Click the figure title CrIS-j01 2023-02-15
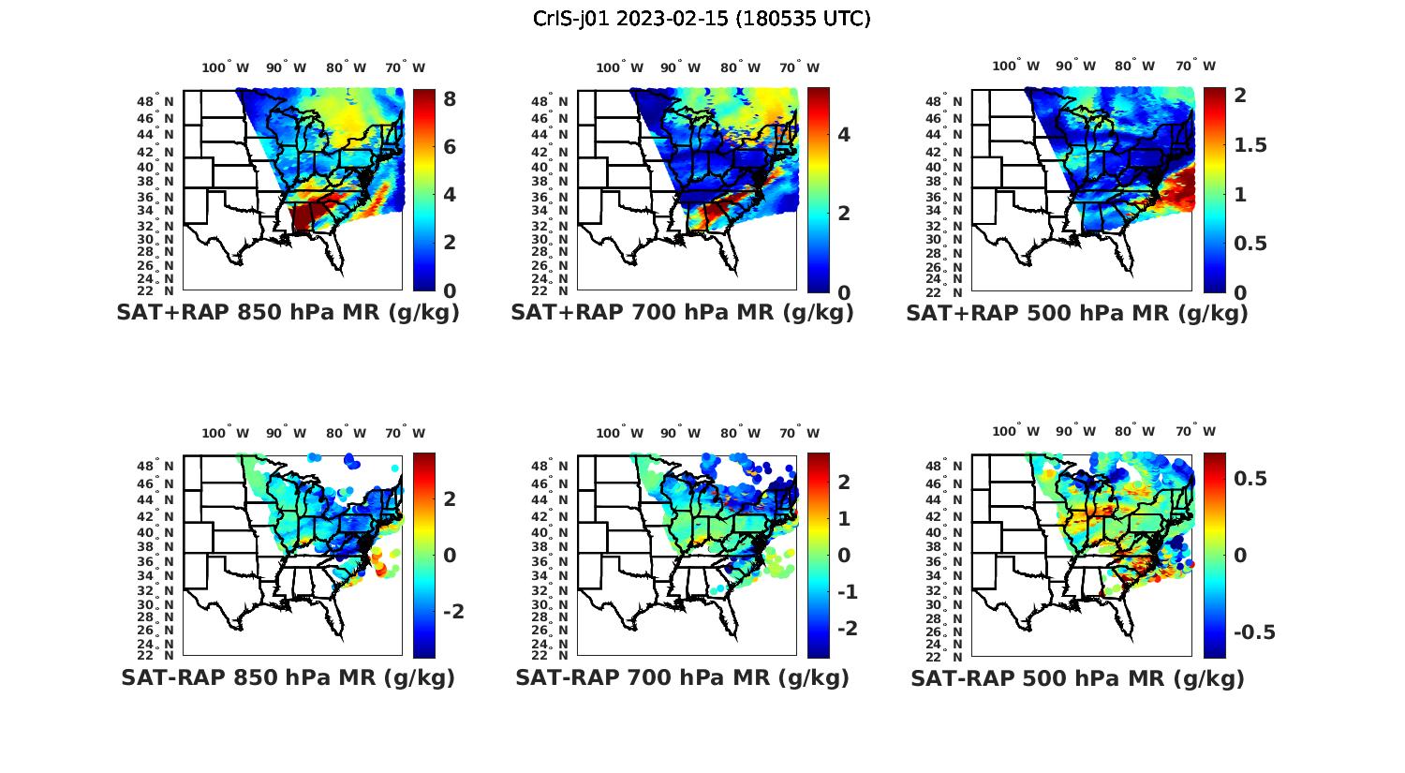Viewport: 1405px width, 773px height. click(702, 19)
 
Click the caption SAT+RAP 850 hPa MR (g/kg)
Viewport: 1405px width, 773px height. click(288, 313)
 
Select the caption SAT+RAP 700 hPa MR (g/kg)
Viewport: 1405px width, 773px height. click(682, 313)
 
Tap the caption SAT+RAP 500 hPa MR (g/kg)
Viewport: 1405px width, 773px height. click(1077, 313)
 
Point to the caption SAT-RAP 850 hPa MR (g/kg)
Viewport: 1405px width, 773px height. click(288, 677)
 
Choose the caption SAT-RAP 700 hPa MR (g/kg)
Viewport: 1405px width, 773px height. click(682, 677)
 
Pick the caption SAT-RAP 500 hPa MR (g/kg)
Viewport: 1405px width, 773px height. click(1077, 677)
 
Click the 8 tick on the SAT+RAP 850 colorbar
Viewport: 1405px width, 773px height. click(450, 99)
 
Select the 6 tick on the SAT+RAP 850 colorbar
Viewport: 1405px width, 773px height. click(450, 147)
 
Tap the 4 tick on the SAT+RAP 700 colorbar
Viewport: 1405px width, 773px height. click(844, 135)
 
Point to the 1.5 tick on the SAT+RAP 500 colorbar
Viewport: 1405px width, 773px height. click(1251, 145)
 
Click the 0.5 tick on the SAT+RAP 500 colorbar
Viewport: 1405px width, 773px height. click(1251, 244)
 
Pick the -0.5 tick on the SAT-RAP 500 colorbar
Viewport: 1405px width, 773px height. click(1254, 632)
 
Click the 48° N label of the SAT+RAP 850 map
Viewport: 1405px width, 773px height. click(155, 101)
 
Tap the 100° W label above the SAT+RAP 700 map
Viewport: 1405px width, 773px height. click(619, 67)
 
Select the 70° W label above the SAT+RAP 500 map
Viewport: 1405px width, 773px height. click(1195, 66)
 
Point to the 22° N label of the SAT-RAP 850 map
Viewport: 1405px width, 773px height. click(155, 655)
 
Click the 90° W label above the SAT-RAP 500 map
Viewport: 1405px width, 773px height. click(1074, 431)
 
